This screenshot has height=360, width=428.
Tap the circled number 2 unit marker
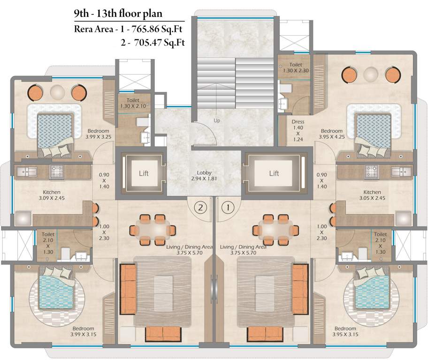pyautogui.click(x=200, y=206)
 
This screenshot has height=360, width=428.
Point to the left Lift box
pyautogui.click(x=144, y=173)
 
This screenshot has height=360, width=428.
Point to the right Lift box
pyautogui.click(x=274, y=173)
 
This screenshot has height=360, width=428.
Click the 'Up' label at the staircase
pyautogui.click(x=216, y=120)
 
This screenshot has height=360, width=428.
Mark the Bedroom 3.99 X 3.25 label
pyautogui.click(x=98, y=134)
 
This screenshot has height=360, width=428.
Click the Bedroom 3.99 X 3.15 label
pyautogui.click(x=83, y=332)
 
